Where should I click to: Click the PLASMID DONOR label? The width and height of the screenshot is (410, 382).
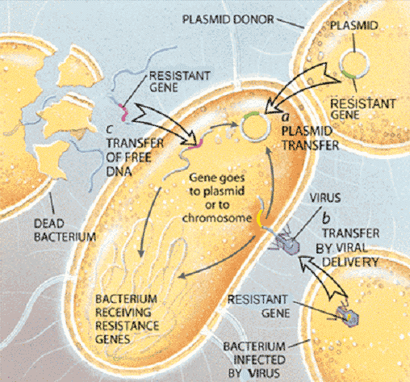[x=228, y=19]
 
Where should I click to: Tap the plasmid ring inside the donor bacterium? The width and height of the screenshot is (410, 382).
[x=341, y=65]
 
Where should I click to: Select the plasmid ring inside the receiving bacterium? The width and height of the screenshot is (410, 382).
[x=241, y=127]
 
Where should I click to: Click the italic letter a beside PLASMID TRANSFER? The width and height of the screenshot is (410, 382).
[x=286, y=117]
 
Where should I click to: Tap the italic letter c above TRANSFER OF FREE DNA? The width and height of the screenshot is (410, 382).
[x=109, y=130]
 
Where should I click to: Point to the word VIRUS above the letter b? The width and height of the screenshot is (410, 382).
[x=325, y=198]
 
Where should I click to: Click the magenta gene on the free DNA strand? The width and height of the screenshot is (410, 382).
[x=124, y=113]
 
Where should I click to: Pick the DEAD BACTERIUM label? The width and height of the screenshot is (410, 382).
[x=65, y=230]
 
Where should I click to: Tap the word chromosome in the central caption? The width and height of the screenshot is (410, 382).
[x=217, y=218]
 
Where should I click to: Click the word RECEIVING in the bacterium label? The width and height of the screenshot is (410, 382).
[x=123, y=313]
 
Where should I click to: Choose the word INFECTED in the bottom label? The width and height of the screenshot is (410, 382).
[x=259, y=360]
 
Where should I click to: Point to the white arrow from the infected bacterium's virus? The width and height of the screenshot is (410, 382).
[x=321, y=276]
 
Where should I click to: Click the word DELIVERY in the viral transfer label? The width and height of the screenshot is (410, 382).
[x=350, y=262]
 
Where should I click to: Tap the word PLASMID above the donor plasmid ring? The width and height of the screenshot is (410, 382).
[x=354, y=26]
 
